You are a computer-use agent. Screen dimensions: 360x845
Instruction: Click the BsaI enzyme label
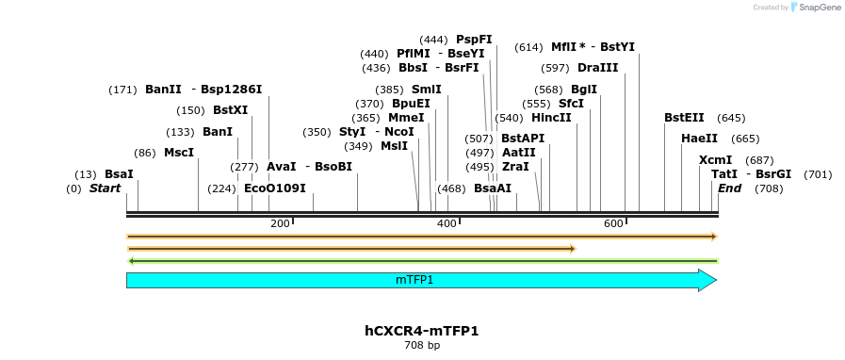pos(119,174)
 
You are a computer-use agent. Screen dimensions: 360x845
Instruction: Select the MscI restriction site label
pos(178,153)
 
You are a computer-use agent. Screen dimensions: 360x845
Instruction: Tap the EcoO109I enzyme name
pos(275,188)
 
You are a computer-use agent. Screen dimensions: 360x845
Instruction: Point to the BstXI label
pos(230,110)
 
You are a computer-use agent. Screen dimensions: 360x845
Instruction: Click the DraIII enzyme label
pos(598,68)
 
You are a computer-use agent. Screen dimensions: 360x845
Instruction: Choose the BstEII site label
pos(684,118)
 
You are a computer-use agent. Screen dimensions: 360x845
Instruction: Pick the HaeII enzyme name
pos(699,139)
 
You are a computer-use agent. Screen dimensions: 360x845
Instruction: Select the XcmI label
pos(715,160)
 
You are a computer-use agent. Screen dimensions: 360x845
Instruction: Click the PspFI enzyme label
pos(474,40)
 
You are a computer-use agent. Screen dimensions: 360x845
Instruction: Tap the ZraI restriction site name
pos(515,167)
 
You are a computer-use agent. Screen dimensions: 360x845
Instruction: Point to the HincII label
pos(551,118)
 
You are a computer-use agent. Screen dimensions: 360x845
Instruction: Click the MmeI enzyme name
pos(406,118)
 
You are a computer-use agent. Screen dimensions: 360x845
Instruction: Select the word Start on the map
pos(106,188)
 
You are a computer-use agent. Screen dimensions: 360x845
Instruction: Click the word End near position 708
pos(729,188)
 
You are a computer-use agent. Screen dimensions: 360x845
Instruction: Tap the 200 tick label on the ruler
pos(280,223)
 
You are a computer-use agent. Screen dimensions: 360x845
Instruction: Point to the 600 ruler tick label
pos(614,223)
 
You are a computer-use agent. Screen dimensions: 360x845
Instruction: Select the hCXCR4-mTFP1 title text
pos(422,331)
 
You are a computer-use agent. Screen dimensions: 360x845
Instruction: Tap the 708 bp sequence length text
pos(422,346)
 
